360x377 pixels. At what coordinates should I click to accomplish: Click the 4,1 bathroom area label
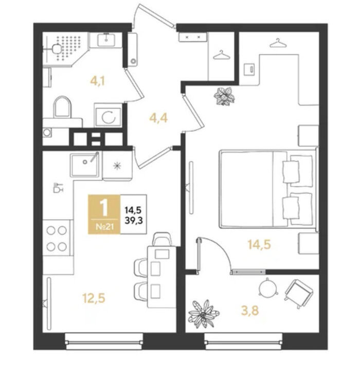[97, 81]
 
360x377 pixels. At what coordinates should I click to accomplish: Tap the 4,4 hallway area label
[158, 118]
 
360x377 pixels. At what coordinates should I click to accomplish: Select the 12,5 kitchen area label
[94, 298]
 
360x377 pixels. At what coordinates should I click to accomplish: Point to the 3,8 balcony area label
[250, 311]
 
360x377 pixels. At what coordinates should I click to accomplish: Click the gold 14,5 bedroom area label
[259, 244]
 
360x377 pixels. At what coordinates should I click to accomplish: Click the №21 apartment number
[104, 226]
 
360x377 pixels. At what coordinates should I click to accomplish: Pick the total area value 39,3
[134, 220]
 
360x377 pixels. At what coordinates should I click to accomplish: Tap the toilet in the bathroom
[62, 107]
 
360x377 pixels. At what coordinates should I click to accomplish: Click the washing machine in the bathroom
[109, 117]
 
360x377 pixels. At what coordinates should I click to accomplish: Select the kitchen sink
[84, 165]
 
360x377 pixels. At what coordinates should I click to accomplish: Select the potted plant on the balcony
[203, 314]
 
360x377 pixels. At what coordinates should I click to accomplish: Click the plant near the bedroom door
[224, 96]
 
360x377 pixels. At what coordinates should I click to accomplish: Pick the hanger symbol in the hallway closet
[222, 55]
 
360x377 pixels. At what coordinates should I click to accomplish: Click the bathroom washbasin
[106, 40]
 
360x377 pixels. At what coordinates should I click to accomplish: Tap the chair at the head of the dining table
[163, 239]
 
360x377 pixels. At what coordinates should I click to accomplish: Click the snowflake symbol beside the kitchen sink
[117, 166]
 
